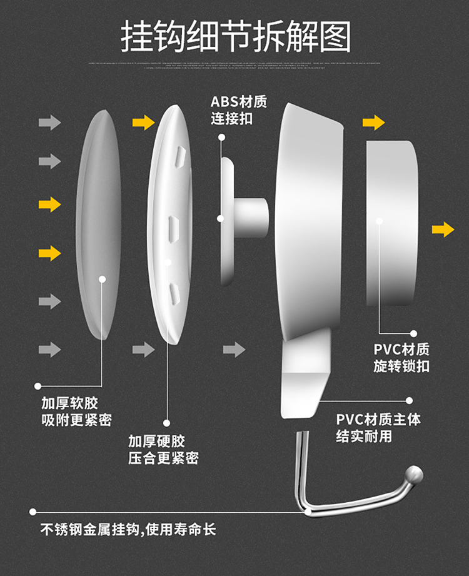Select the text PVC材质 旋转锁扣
click(x=401, y=358)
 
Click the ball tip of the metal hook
click(x=414, y=475)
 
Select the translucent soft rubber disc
click(x=98, y=225)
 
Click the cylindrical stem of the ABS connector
click(x=253, y=216)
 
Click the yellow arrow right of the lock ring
click(x=443, y=230)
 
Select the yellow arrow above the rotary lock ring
click(x=373, y=123)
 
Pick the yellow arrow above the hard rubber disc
click(x=143, y=122)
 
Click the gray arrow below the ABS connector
click(x=234, y=350)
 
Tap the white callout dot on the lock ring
click(x=379, y=220)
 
